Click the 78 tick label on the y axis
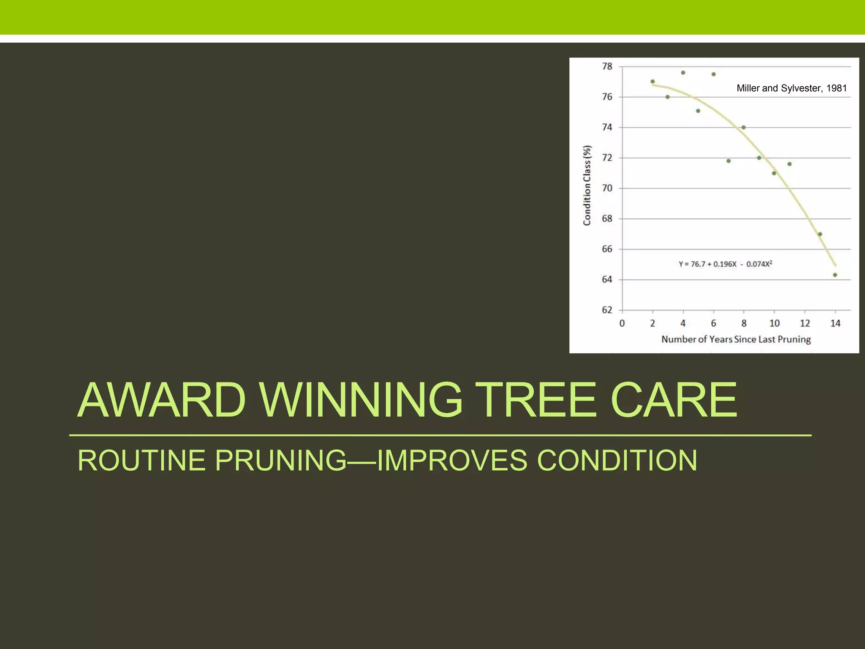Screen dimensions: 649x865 click(x=607, y=66)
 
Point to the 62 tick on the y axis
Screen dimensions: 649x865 click(x=607, y=310)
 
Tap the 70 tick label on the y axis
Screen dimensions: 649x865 click(x=607, y=188)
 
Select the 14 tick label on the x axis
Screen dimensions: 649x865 click(x=835, y=324)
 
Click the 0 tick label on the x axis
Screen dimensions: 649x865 click(x=622, y=324)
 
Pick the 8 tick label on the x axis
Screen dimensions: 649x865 click(x=744, y=324)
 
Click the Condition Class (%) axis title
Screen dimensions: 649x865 click(x=587, y=185)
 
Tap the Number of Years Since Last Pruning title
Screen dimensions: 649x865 click(x=736, y=339)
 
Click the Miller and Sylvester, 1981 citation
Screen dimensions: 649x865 click(x=792, y=88)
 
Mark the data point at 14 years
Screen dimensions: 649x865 click(x=835, y=275)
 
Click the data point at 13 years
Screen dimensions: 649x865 click(x=820, y=234)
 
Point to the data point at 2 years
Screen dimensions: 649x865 click(x=653, y=82)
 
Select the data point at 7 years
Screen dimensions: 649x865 click(x=729, y=161)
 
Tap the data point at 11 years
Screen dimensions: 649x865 click(x=789, y=164)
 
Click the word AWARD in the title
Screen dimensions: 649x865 click(x=161, y=400)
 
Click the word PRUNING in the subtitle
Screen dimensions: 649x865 click(x=281, y=460)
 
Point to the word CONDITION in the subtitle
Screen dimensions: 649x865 click(x=617, y=460)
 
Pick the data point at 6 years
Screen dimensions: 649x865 click(x=713, y=74)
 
